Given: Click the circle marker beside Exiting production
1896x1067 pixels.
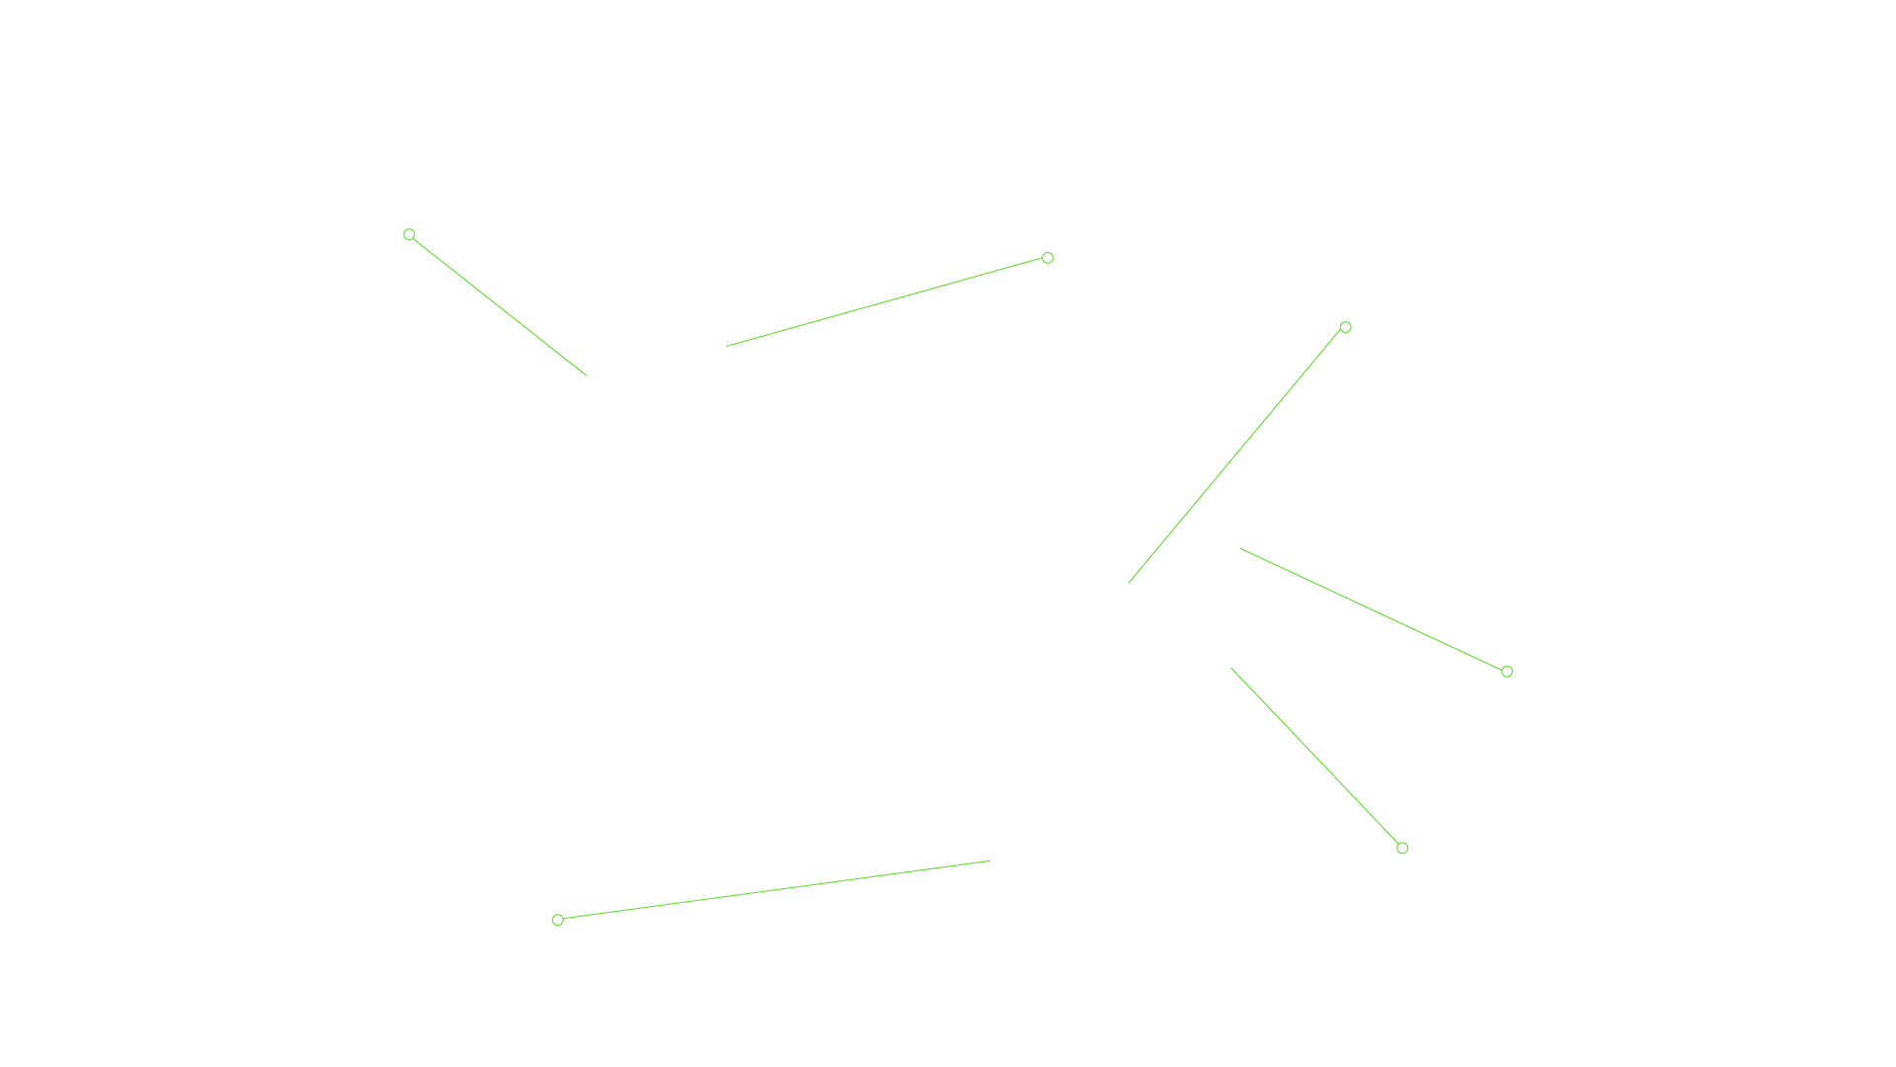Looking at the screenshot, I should tap(409, 234).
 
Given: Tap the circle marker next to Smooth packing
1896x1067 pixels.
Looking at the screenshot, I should tap(1048, 258).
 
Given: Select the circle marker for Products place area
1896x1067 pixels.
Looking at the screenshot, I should tap(1345, 327).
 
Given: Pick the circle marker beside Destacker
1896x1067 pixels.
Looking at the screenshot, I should tap(1507, 672).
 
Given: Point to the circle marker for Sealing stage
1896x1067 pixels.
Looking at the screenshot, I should tap(1402, 848).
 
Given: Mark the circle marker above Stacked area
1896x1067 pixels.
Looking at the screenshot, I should tap(558, 920).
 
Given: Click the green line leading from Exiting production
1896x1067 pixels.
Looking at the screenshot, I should tap(499, 305).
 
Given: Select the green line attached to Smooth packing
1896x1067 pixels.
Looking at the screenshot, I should tap(886, 302).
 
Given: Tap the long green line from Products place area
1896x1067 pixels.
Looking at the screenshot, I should tap(1235, 455).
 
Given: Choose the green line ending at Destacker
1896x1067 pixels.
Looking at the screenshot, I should tap(1373, 611).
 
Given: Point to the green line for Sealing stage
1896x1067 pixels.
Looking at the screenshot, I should tap(1315, 757).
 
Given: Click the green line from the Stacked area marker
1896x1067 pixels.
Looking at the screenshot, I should tap(774, 890).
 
